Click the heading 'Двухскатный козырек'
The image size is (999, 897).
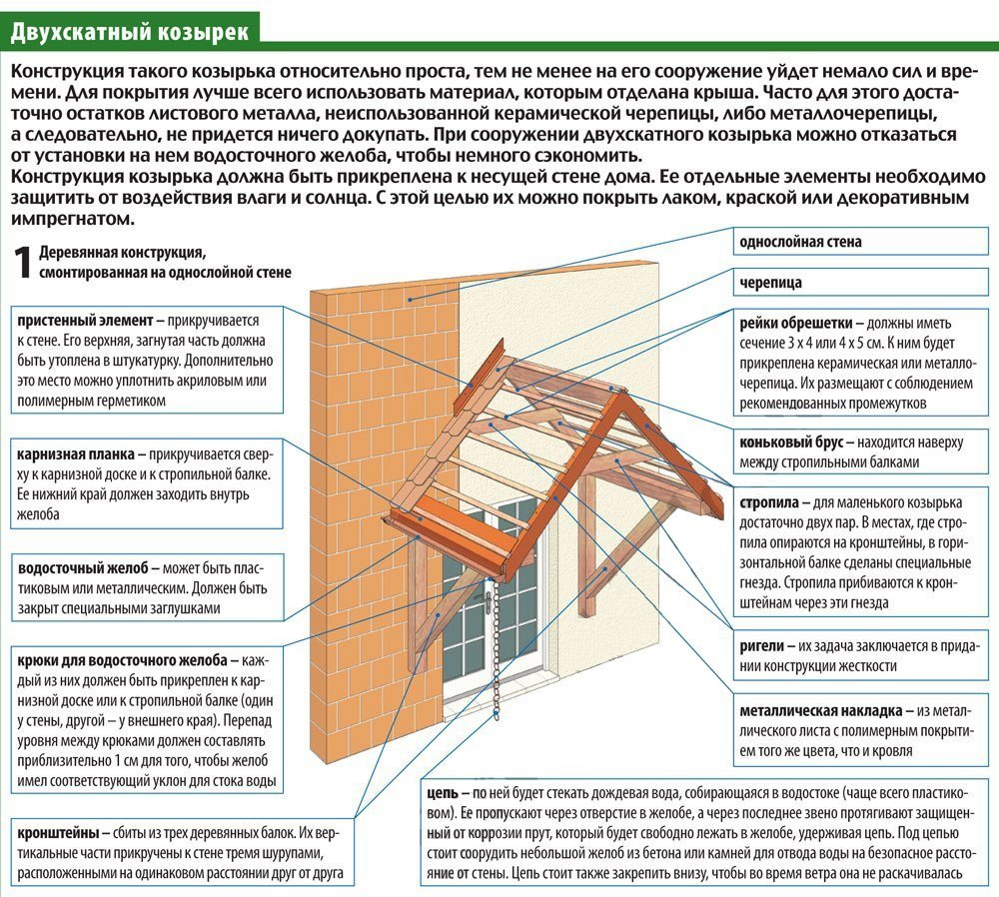pos(130,32)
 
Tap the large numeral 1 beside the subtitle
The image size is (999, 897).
pos(21,262)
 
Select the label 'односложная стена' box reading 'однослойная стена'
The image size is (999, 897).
pos(800,242)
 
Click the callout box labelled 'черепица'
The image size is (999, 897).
pos(770,283)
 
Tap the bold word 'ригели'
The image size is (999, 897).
pos(762,646)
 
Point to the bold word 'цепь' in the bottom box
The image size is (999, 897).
pos(440,794)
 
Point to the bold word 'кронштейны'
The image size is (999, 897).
pos(57,832)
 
